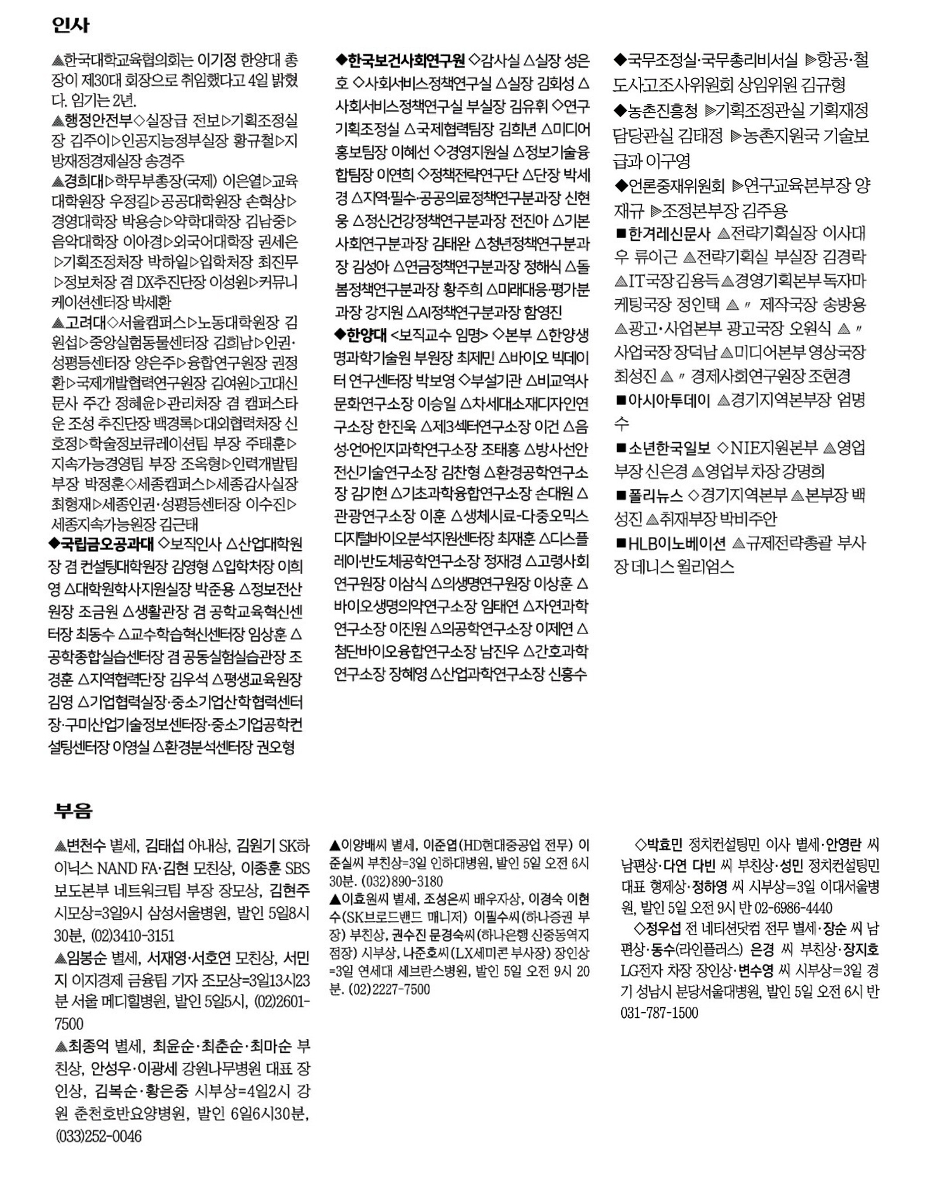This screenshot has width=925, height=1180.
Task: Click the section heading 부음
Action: tap(72, 810)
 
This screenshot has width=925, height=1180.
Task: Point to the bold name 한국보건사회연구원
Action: tap(407, 60)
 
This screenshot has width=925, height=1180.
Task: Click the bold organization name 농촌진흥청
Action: tap(663, 110)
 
